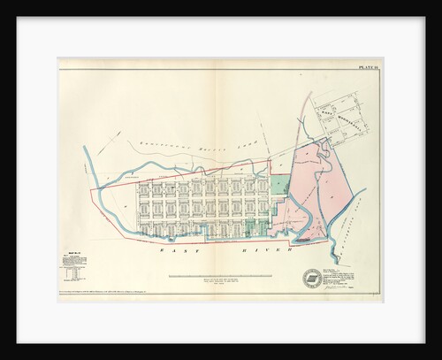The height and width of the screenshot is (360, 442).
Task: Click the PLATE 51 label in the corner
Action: (x=368, y=66)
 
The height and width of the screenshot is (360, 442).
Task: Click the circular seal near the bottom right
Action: (x=313, y=277)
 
